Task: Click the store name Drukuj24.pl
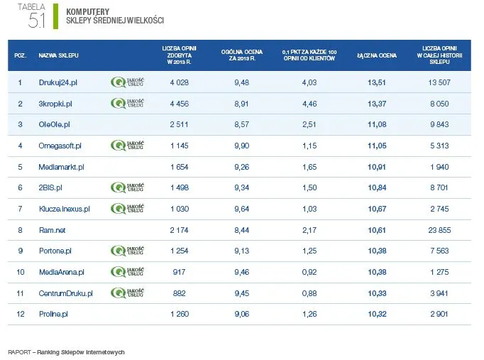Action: (58, 82)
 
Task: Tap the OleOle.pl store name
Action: (54, 124)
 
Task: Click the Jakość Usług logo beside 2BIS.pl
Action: (128, 187)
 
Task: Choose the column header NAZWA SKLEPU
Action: (59, 55)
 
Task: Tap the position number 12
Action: (21, 314)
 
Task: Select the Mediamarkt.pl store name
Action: (62, 167)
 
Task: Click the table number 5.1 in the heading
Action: (37, 21)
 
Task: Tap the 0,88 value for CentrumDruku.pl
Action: (309, 293)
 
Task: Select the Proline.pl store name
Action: (53, 314)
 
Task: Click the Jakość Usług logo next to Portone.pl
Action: (128, 251)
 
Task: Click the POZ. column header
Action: (21, 55)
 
